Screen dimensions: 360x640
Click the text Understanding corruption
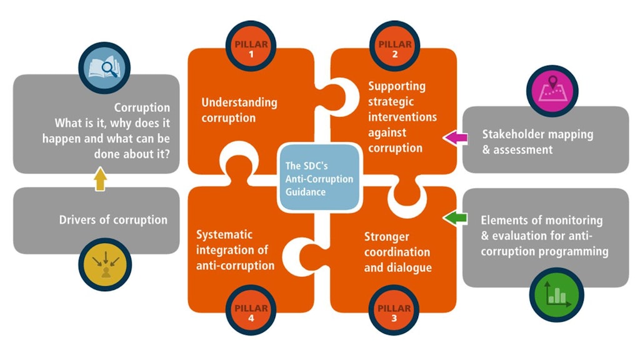239,110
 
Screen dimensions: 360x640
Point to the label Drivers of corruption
113,220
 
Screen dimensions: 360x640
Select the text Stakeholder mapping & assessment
537,142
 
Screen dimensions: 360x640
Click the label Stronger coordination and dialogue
397,252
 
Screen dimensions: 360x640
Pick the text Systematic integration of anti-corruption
235,250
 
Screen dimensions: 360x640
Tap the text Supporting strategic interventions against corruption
402,117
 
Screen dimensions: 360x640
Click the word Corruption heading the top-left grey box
142,107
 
